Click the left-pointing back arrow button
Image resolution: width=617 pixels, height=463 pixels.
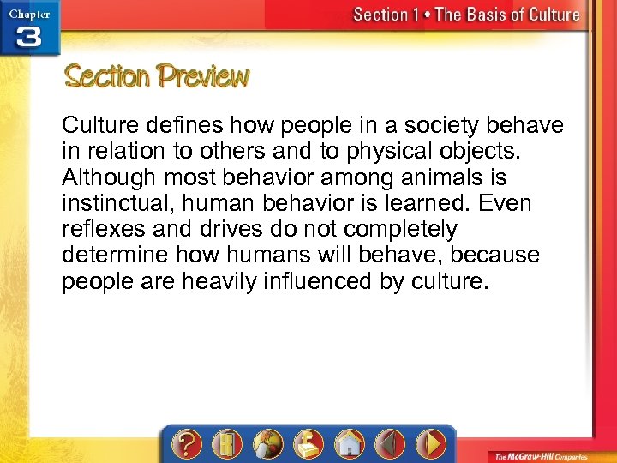pyautogui.click(x=390, y=445)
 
